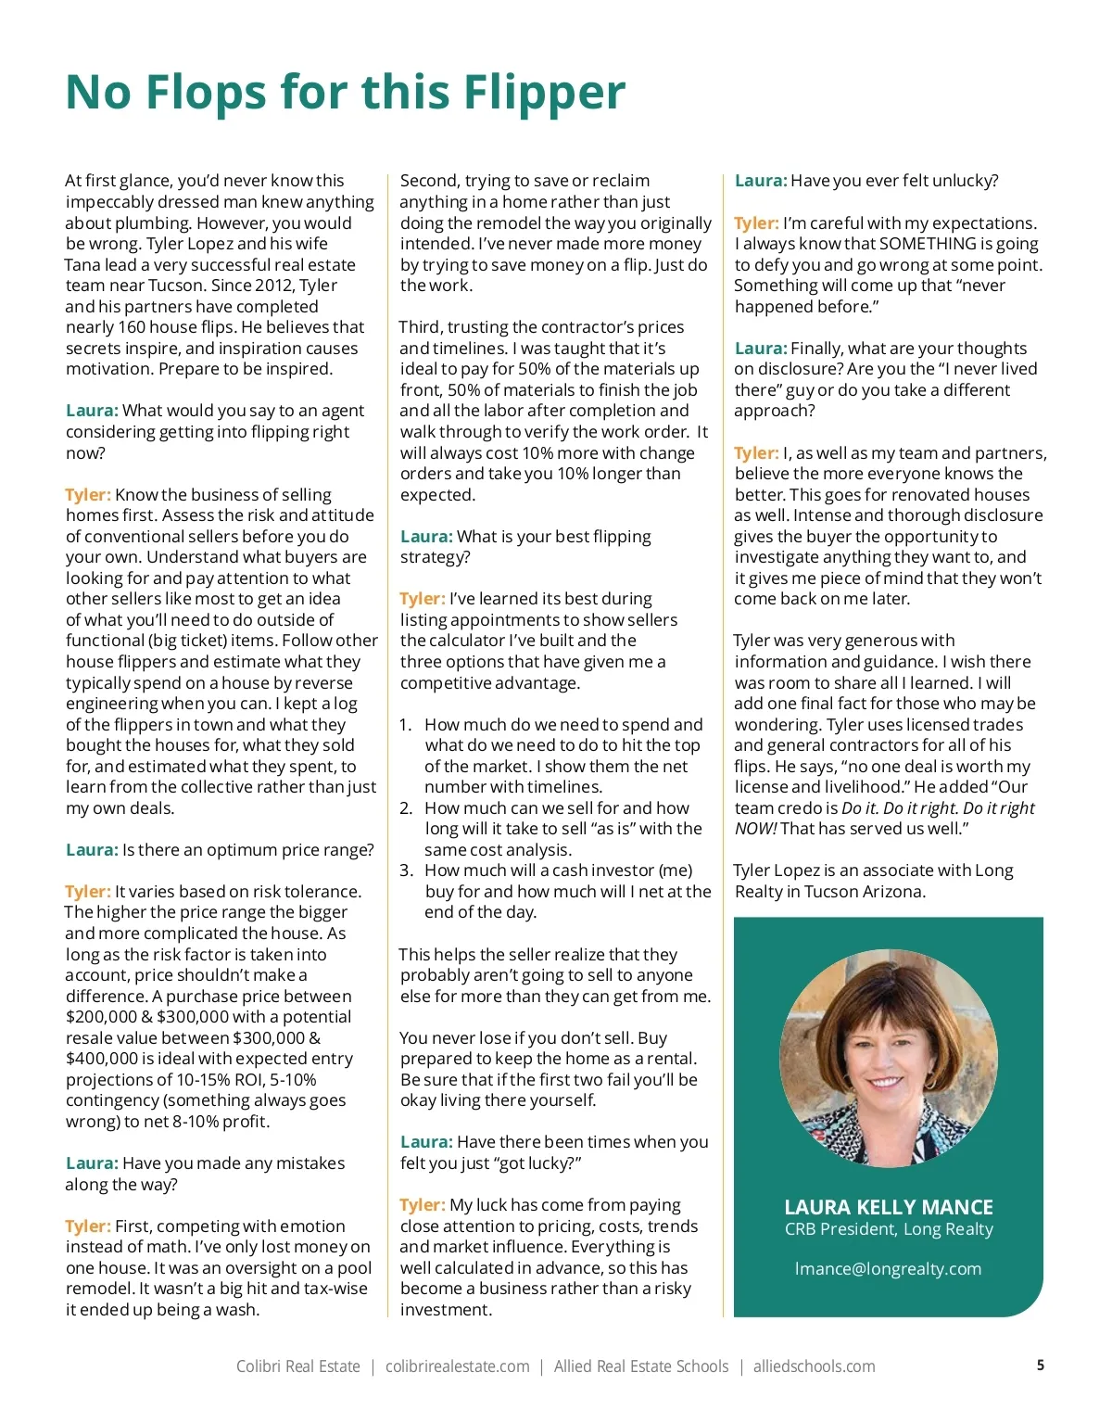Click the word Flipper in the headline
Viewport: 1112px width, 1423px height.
click(x=544, y=93)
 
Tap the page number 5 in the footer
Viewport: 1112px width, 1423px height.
click(x=1041, y=1365)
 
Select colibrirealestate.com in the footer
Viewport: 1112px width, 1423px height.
click(x=457, y=1366)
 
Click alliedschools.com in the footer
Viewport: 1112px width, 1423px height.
click(x=814, y=1366)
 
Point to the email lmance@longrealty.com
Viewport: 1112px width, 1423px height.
click(x=888, y=1269)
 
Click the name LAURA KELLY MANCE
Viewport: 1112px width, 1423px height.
click(x=888, y=1207)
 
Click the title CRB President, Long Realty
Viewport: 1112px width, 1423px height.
click(x=888, y=1229)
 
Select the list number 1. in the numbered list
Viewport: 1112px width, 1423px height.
click(x=406, y=725)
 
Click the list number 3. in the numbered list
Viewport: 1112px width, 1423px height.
click(x=406, y=870)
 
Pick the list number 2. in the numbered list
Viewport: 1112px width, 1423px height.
click(x=406, y=808)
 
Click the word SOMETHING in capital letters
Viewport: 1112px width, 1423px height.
click(x=928, y=244)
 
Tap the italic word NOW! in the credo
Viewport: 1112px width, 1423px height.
click(x=756, y=829)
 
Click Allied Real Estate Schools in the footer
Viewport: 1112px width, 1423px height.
click(x=641, y=1366)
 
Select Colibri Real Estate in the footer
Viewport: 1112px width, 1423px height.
click(x=297, y=1366)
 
